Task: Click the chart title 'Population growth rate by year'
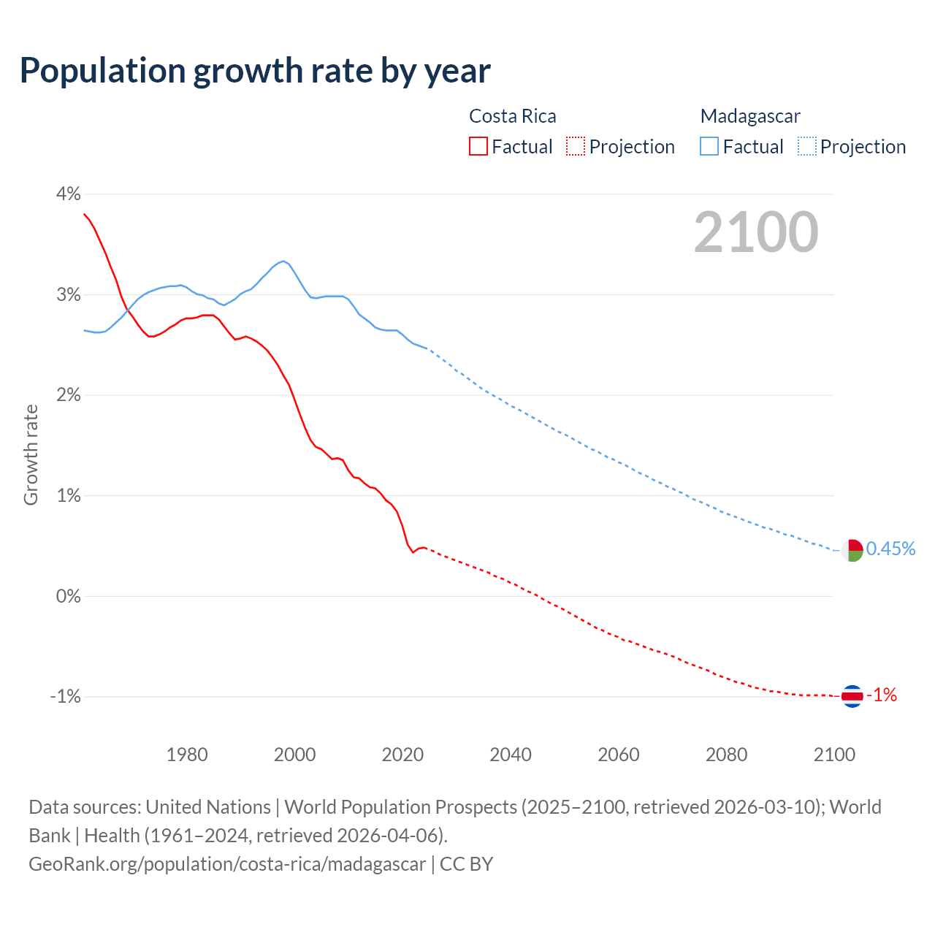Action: (x=255, y=71)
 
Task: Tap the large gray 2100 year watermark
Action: (x=756, y=232)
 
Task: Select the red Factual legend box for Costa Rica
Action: (x=478, y=147)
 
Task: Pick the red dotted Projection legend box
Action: (x=576, y=147)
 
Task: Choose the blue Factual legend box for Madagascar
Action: (x=709, y=147)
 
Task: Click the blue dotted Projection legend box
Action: (x=807, y=147)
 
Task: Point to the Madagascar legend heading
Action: (x=750, y=116)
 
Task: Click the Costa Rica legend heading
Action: (x=512, y=116)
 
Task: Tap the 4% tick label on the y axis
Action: (x=68, y=194)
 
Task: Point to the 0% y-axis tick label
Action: (x=68, y=596)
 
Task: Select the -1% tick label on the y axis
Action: (x=65, y=697)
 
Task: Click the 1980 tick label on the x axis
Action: (x=187, y=755)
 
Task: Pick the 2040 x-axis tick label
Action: (x=511, y=755)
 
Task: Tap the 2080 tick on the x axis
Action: (x=726, y=755)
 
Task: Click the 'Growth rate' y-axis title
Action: (x=31, y=454)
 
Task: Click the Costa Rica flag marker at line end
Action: (x=852, y=696)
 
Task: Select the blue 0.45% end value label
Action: (x=890, y=549)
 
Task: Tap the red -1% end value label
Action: (x=882, y=695)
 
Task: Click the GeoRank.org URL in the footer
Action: (x=227, y=864)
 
